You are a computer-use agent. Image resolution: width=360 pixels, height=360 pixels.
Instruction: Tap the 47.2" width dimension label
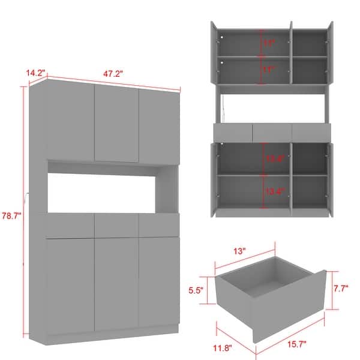(x=113, y=74)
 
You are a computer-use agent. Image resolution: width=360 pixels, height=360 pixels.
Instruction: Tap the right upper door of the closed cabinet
(x=159, y=127)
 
